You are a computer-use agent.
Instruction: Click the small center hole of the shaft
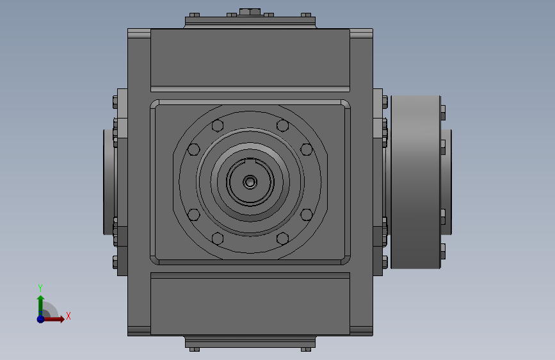(x=250, y=182)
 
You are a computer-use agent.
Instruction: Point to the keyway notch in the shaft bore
(x=250, y=160)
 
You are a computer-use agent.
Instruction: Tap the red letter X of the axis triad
(x=68, y=316)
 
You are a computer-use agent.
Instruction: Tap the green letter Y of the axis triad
(x=40, y=288)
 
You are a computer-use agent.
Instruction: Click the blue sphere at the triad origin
(x=41, y=319)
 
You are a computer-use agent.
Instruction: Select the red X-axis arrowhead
(x=61, y=319)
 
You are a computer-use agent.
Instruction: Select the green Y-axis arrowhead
(x=41, y=299)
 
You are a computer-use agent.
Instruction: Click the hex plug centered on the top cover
(x=250, y=12)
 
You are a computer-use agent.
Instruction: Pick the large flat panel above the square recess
(x=250, y=58)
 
